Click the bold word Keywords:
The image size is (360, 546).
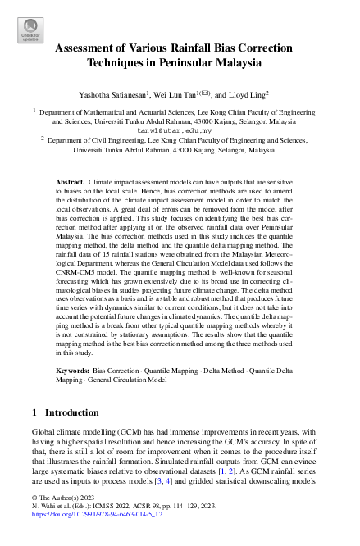(x=73, y=371)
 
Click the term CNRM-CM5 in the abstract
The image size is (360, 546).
(x=78, y=265)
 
